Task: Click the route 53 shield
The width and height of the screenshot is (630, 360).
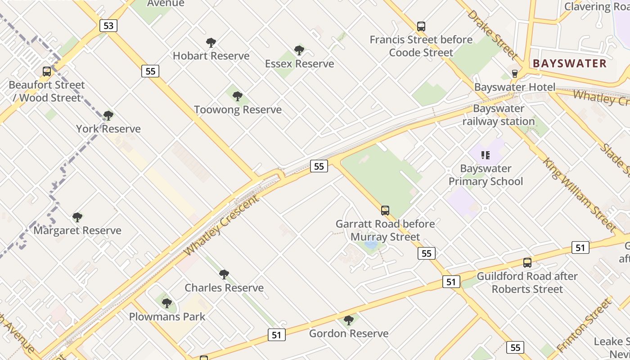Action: (108, 26)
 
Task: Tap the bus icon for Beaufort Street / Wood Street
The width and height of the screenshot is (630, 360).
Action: (47, 72)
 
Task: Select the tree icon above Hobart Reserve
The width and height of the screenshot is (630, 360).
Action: (211, 43)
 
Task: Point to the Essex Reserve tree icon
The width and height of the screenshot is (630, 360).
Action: (299, 50)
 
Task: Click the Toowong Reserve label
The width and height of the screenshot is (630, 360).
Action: (238, 109)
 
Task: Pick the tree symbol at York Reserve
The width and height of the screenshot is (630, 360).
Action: (108, 116)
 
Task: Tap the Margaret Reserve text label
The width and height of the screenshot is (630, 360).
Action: (77, 230)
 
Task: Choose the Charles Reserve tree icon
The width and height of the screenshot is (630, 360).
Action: (224, 274)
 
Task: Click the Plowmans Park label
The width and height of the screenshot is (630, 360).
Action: (167, 316)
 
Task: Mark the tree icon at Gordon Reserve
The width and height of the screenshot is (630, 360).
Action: (348, 320)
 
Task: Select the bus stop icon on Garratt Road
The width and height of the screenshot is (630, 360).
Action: (385, 210)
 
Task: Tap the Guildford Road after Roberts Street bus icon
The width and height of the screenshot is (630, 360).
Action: (527, 263)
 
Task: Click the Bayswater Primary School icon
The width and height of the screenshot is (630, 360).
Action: (486, 155)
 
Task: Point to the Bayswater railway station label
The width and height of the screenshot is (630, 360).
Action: (499, 115)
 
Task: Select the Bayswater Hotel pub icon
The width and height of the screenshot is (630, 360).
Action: (515, 73)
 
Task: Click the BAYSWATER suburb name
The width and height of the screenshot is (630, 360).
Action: (570, 63)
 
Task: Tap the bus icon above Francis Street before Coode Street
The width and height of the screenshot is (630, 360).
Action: (421, 27)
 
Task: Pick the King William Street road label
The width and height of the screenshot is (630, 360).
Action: (579, 194)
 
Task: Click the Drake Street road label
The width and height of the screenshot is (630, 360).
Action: (492, 34)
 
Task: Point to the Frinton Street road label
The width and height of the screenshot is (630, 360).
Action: (585, 324)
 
